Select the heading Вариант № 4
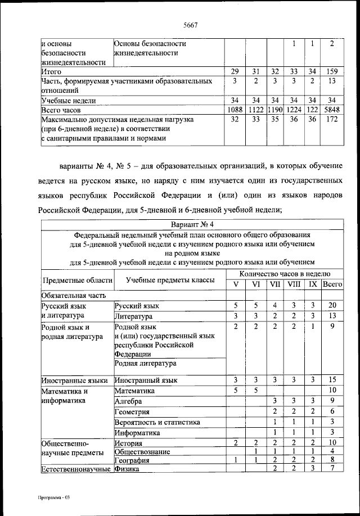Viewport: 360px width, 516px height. tap(191, 224)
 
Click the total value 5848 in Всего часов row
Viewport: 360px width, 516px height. tap(332, 110)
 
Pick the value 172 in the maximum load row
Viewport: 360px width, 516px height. tap(332, 120)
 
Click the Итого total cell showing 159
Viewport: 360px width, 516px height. tap(332, 72)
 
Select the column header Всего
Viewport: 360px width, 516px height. tap(332, 284)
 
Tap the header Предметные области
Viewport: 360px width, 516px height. tap(77, 279)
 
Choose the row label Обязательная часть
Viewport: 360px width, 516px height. tap(74, 295)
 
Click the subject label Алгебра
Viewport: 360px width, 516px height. tap(129, 401)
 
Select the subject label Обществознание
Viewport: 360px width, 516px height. tap(142, 452)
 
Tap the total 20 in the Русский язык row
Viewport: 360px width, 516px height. tap(332, 305)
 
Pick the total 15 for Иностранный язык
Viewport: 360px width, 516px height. tap(332, 380)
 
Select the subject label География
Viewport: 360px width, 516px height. tap(133, 460)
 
